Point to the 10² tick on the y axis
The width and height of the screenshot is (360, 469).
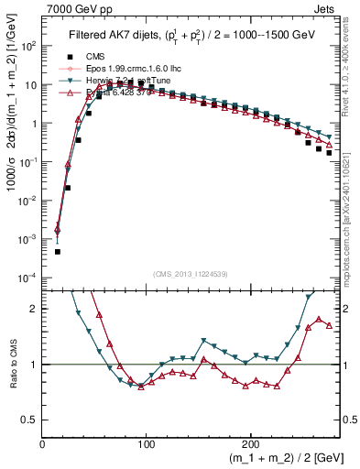27,46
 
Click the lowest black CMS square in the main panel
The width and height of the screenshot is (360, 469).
57,251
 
